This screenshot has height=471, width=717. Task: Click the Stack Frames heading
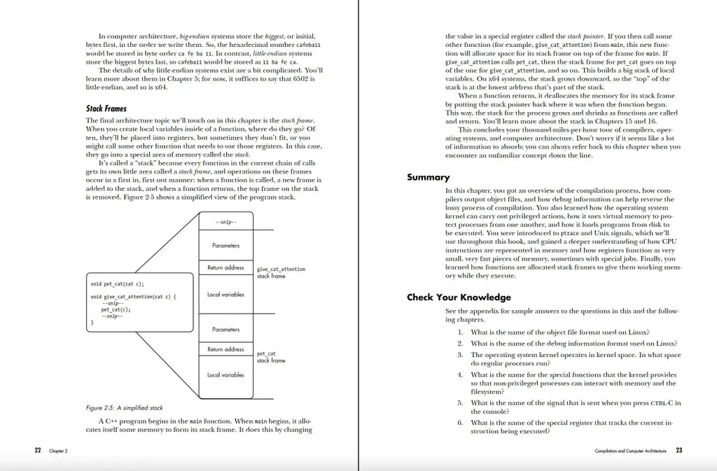(106, 109)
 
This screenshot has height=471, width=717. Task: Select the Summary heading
(429, 178)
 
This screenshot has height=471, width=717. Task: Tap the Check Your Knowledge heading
(459, 297)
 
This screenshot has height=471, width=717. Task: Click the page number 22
(38, 451)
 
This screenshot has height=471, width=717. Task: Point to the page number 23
(678, 451)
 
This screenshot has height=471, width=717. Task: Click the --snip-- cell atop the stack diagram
(225, 223)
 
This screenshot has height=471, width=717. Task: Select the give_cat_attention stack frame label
(281, 272)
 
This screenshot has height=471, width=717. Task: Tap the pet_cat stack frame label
(271, 357)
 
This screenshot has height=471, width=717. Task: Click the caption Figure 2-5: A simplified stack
(124, 407)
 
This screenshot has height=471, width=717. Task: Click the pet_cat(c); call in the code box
(116, 309)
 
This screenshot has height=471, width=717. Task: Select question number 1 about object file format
(553, 332)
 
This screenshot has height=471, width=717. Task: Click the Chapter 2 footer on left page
(58, 451)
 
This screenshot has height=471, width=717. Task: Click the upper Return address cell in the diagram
(225, 268)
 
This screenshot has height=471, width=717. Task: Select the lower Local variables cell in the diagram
(225, 375)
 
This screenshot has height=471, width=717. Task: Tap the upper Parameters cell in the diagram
(225, 246)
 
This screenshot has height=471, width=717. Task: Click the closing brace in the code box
(92, 323)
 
